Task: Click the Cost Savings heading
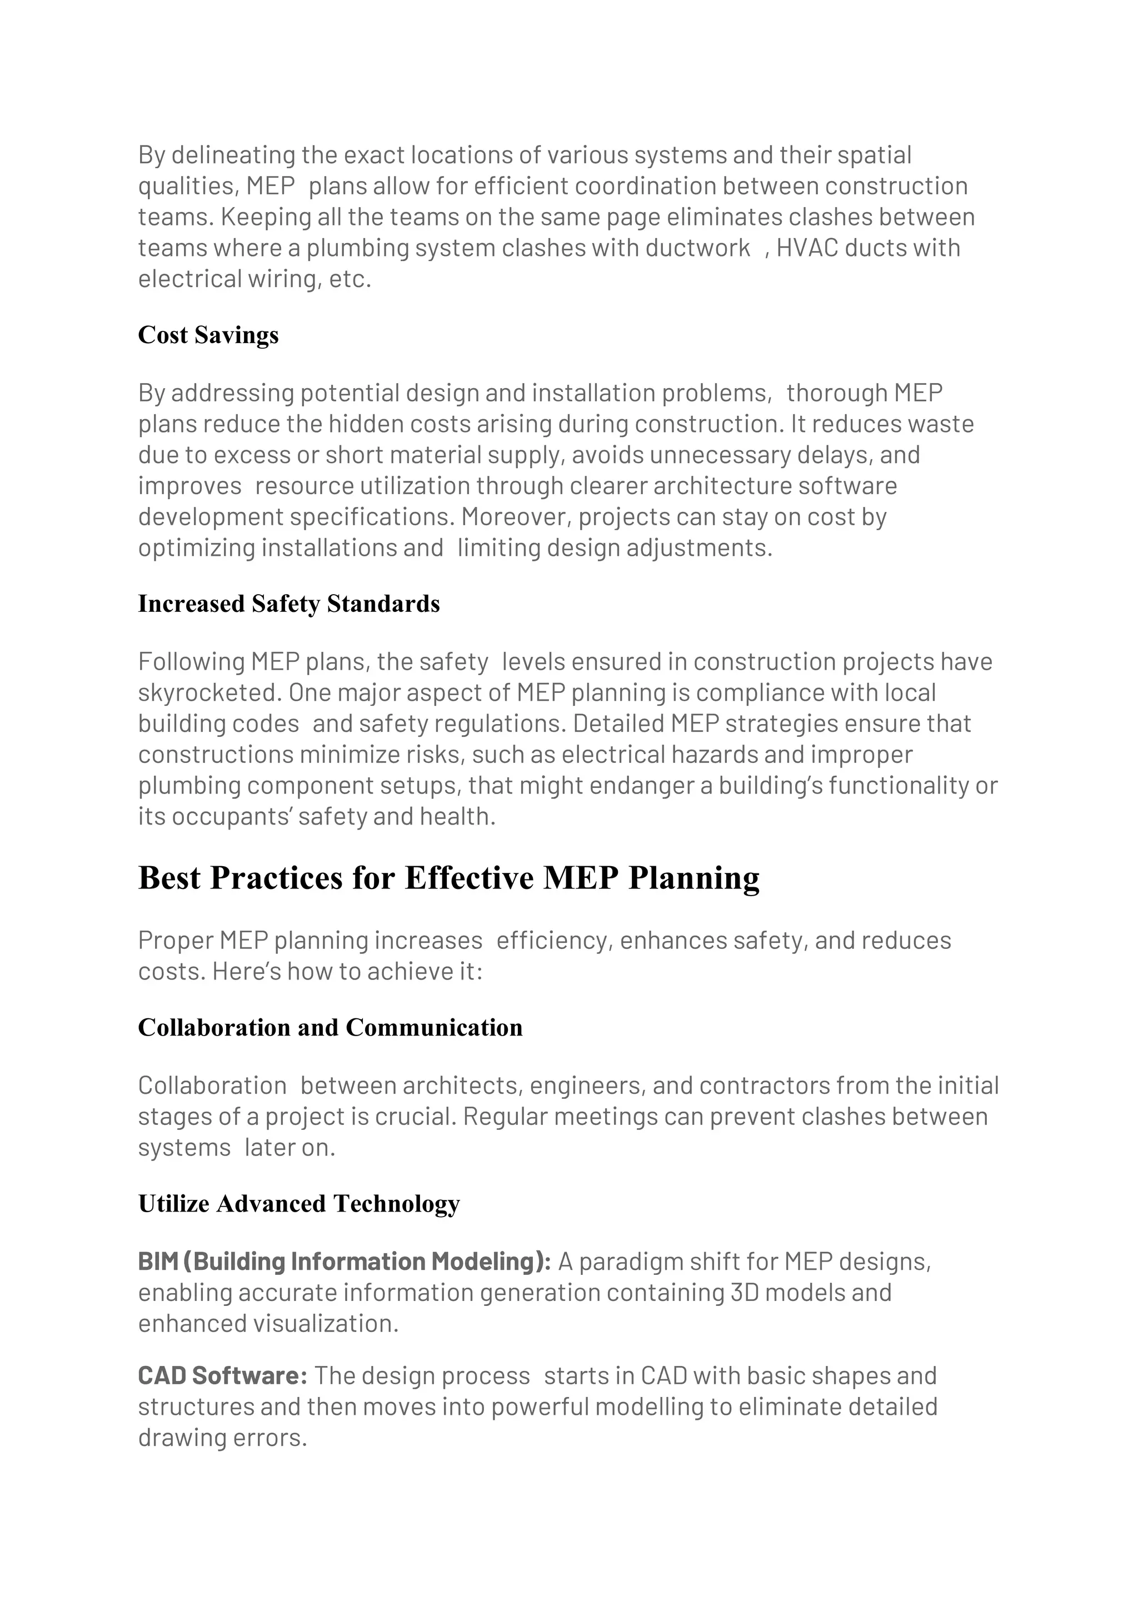pos(208,335)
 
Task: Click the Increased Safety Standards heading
pos(289,604)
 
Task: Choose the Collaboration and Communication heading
pos(330,1027)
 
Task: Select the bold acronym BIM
pos(158,1262)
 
